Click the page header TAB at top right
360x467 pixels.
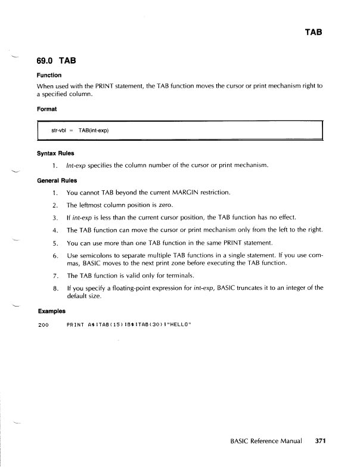click(x=313, y=32)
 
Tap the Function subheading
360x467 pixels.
click(x=49, y=75)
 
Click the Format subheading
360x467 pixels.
click(x=47, y=109)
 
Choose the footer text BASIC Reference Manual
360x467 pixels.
click(x=266, y=443)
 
